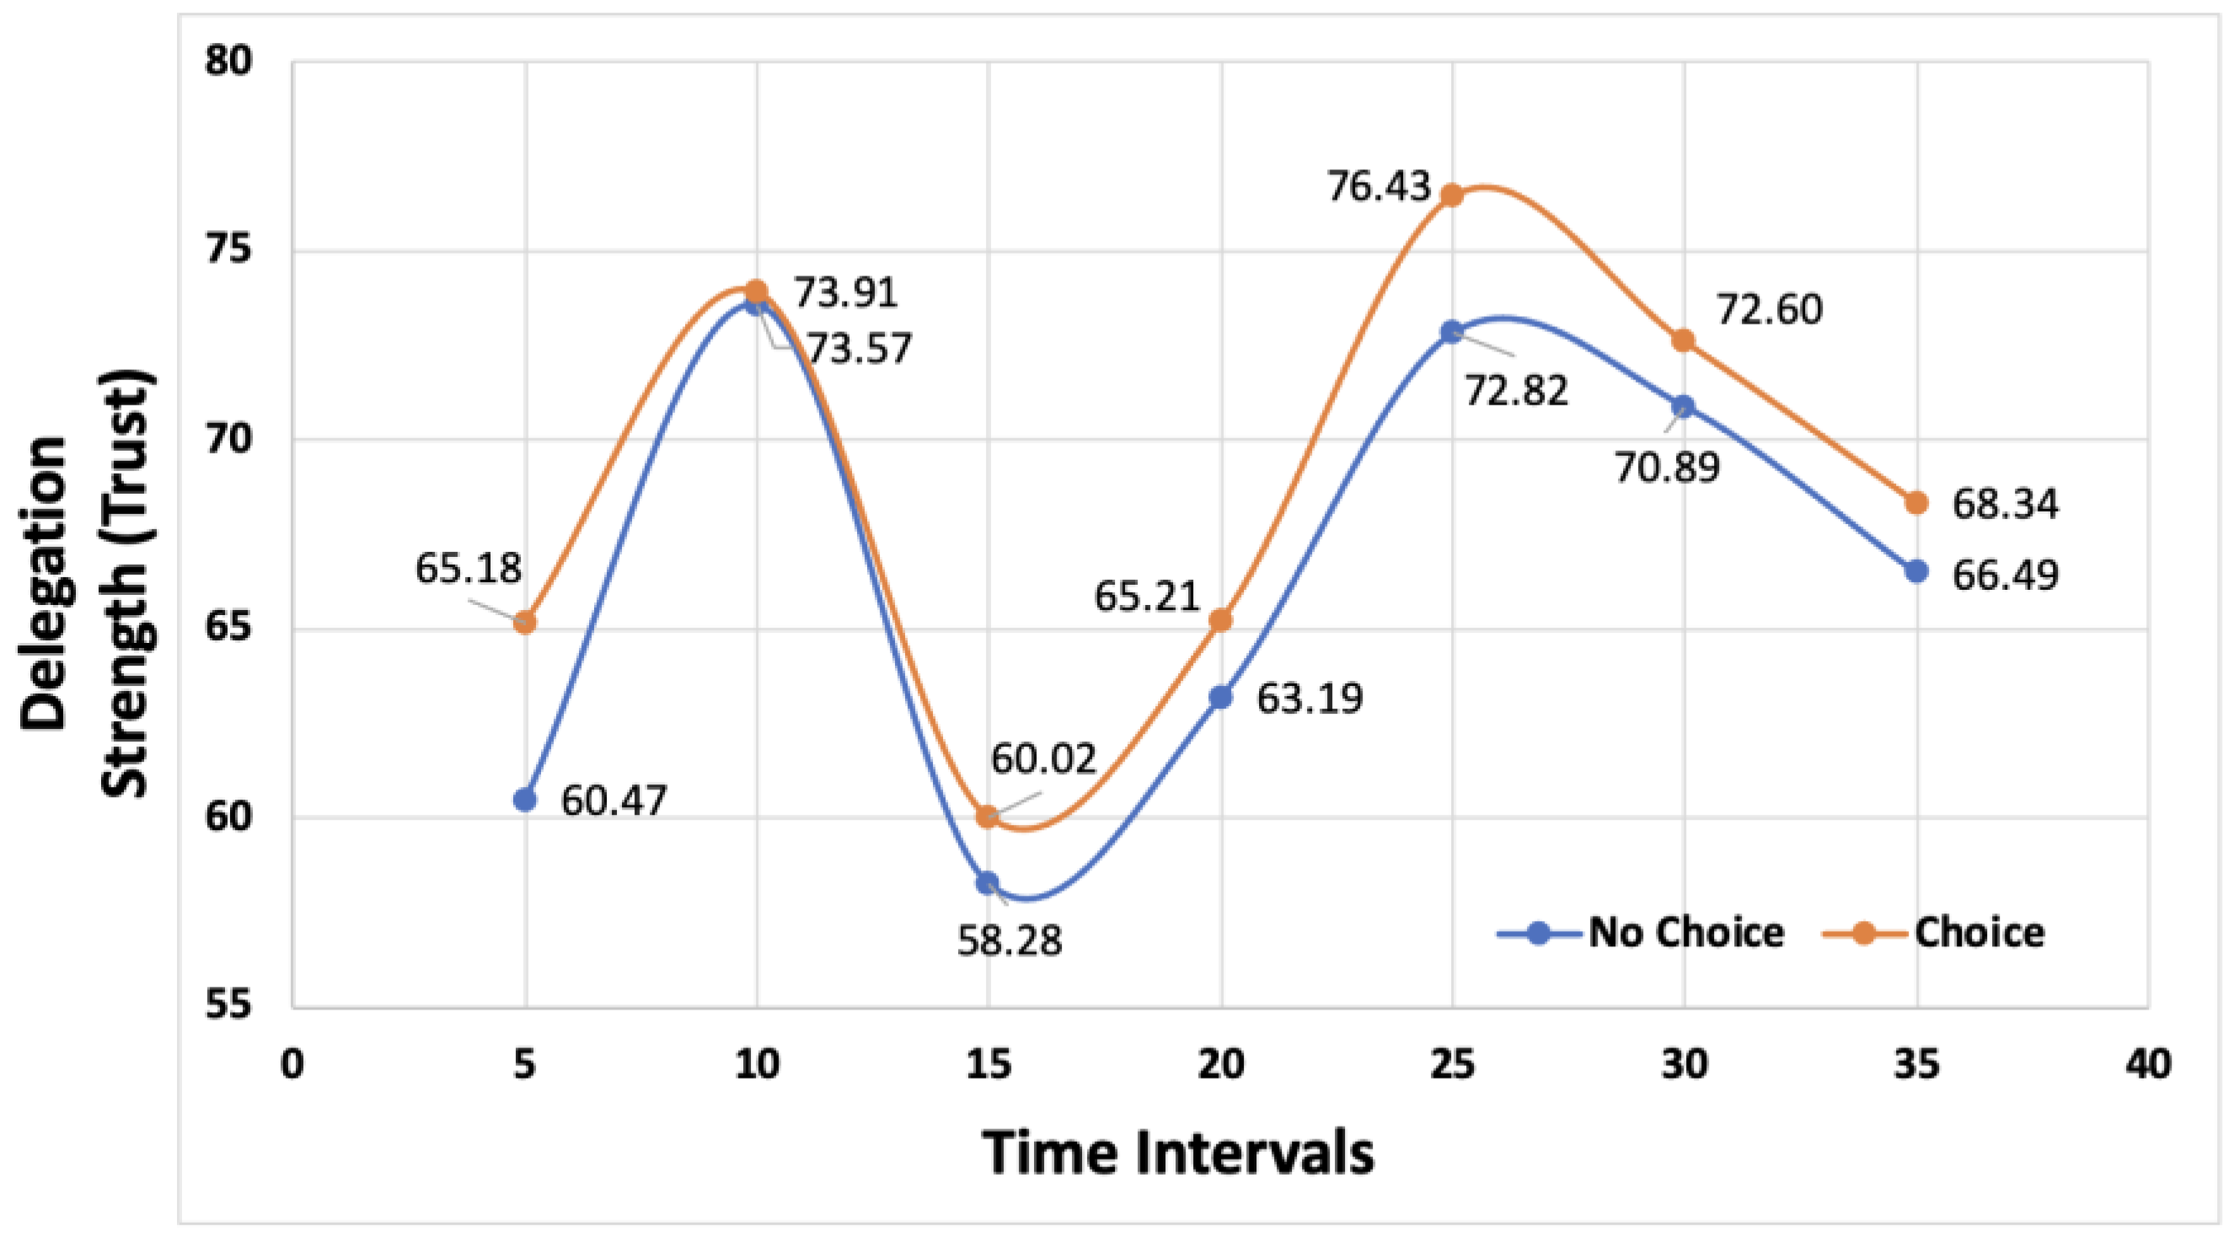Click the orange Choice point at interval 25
point(1453,195)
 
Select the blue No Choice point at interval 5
point(525,800)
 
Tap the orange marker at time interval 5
point(525,622)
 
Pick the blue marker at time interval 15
point(988,883)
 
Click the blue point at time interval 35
point(1916,571)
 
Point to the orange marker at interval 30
point(1685,340)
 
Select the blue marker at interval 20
point(1221,697)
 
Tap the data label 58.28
point(1010,940)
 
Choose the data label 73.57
point(860,349)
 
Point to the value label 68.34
point(2005,504)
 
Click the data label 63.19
point(1310,699)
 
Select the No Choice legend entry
point(1639,933)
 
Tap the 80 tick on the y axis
point(228,62)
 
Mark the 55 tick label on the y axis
point(228,1006)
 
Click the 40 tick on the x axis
point(2148,1063)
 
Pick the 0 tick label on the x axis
point(293,1063)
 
